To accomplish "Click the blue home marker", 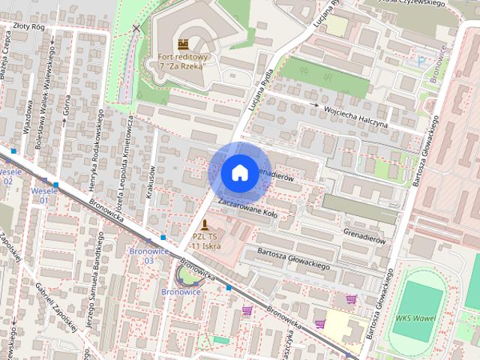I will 239,172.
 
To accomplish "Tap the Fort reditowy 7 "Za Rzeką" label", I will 183,61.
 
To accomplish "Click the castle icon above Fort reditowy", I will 183,43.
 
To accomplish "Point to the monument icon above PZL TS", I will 204,224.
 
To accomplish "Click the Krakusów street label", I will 151,181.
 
